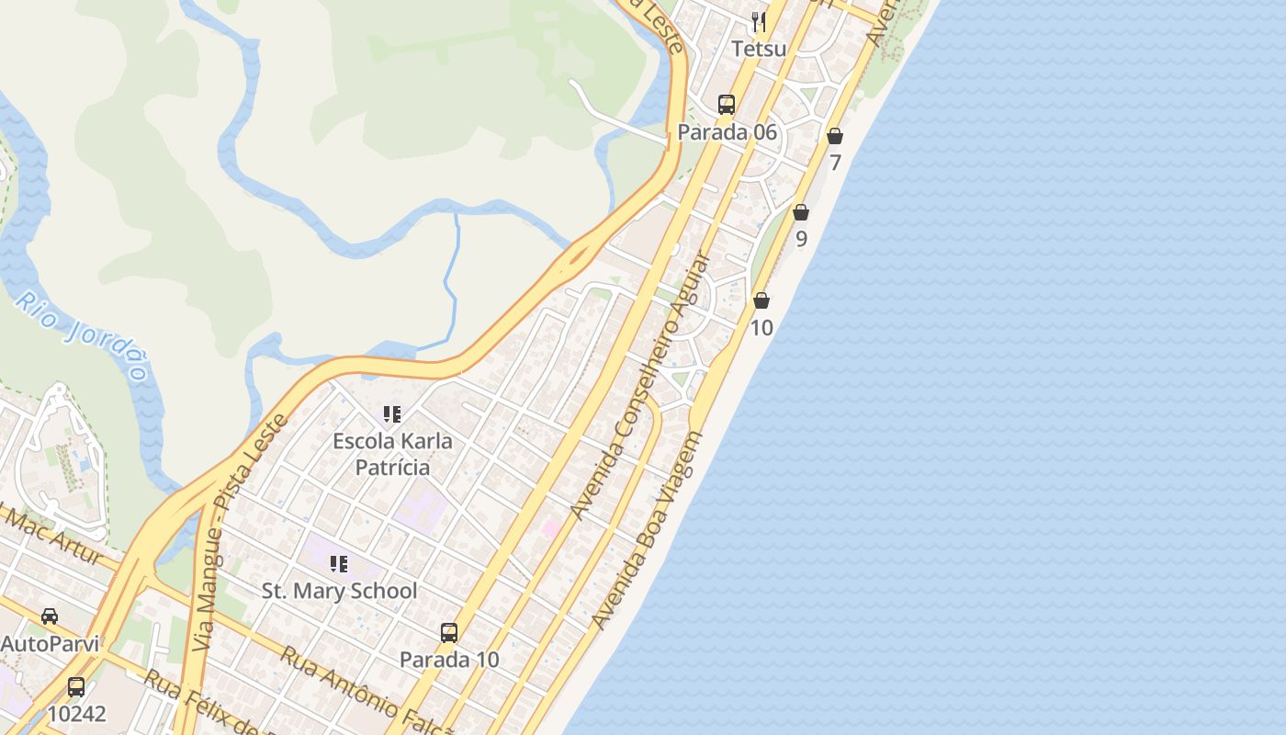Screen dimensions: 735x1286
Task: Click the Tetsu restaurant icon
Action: pos(759,21)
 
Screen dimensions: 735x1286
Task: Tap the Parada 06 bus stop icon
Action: pos(727,105)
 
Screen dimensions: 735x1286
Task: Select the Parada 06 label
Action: pos(727,132)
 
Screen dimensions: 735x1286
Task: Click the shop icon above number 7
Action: pos(835,136)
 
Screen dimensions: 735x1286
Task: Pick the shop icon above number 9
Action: pos(801,212)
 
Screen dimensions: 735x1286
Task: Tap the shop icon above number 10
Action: pos(761,300)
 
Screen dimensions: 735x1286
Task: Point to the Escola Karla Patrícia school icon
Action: pos(392,414)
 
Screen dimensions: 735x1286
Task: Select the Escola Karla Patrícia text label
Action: pos(392,454)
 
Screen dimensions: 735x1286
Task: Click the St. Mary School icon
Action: pos(339,563)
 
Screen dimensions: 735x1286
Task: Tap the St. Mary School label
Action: pos(339,591)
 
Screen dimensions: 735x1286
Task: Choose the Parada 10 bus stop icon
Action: pos(449,632)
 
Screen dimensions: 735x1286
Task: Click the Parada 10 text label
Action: pos(449,660)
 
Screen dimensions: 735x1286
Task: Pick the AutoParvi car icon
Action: pos(50,616)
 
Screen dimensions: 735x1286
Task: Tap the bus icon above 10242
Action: pos(76,686)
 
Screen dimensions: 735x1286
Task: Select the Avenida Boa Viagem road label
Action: pos(647,531)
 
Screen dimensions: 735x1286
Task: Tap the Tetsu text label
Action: pos(759,48)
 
